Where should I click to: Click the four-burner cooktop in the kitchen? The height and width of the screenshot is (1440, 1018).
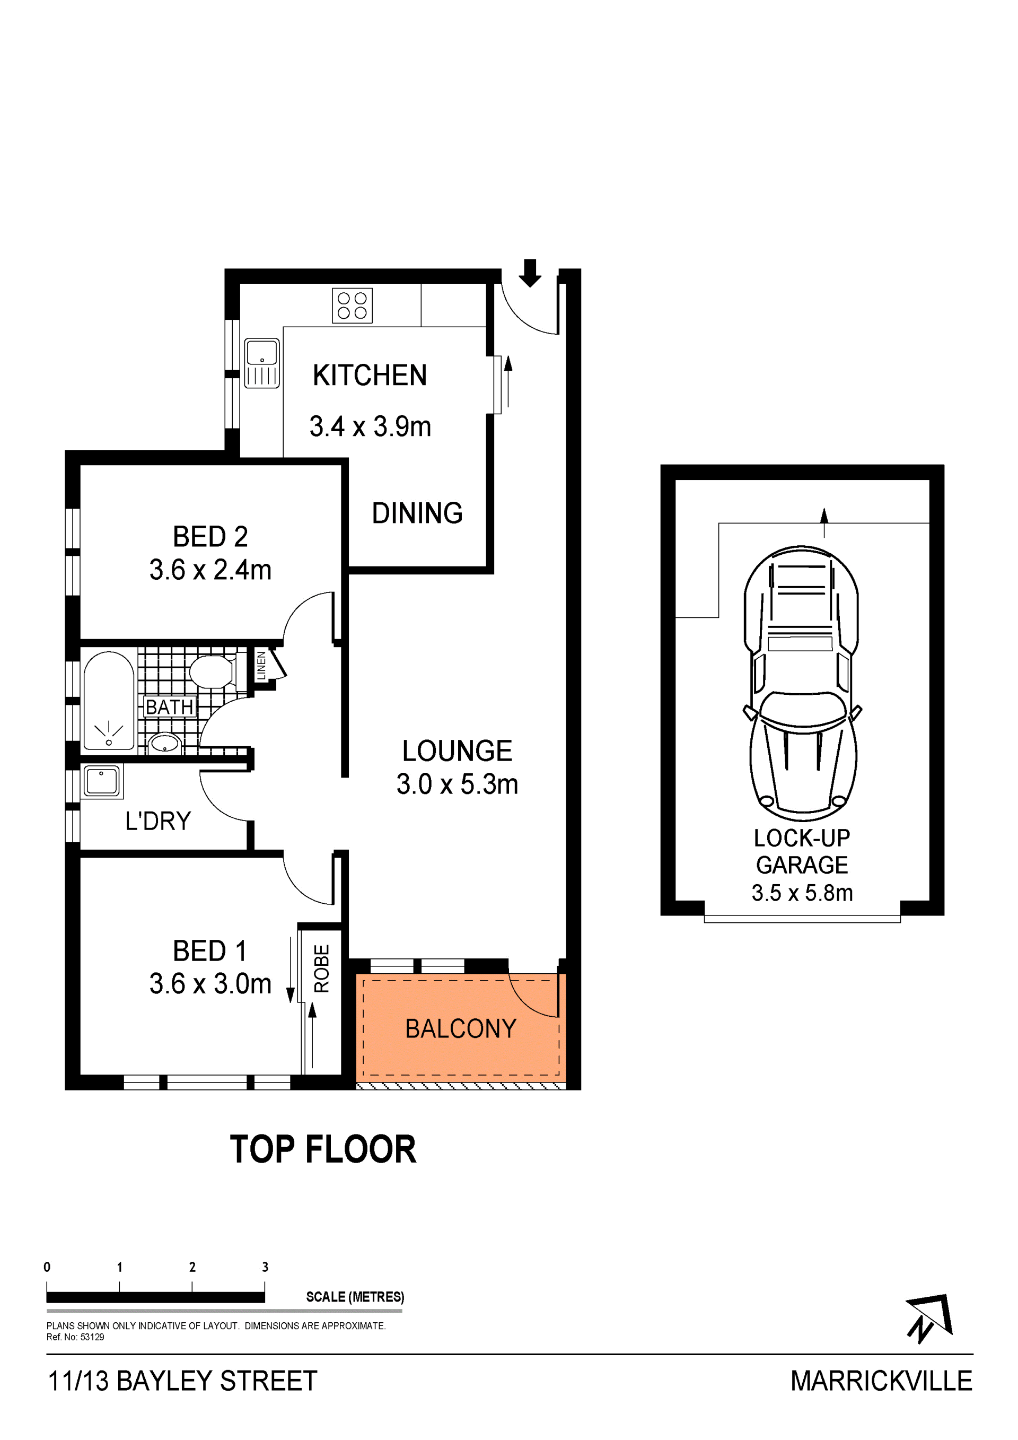coord(352,306)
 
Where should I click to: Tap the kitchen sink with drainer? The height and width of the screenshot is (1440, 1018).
coord(262,363)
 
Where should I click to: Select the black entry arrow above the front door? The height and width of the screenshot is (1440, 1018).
coord(530,273)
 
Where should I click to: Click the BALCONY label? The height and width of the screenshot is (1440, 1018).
coord(461,1028)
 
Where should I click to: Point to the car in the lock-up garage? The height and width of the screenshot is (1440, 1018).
coord(803,684)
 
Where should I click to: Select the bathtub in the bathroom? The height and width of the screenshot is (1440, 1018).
coord(109,701)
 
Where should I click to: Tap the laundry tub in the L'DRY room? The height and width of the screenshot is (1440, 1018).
coord(102,781)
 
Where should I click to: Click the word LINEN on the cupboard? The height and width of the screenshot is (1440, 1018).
coord(261,666)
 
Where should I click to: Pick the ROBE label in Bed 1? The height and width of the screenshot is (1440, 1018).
coord(321,968)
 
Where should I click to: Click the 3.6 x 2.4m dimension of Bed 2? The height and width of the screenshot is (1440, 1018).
coord(210,570)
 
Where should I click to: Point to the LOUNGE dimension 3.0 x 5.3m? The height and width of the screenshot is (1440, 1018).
coord(458,784)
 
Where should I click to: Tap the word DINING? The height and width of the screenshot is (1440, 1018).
coord(417,513)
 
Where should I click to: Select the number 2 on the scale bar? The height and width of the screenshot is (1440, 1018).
coord(192,1268)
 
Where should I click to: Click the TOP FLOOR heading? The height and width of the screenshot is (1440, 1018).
coord(323,1150)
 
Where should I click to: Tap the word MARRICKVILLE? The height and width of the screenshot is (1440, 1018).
coord(881,1381)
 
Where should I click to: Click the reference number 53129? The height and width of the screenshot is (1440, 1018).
coord(92,1337)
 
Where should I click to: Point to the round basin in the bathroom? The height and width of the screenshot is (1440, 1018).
coord(165,743)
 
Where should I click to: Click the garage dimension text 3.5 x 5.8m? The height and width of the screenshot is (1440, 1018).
coord(802,893)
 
